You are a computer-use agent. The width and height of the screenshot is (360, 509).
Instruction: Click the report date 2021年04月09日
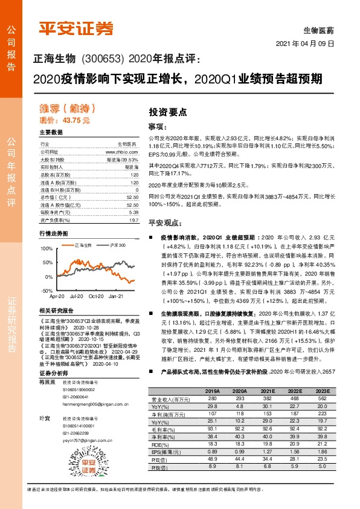tap(306, 45)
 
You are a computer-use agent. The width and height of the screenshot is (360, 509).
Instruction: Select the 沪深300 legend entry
tap(118, 245)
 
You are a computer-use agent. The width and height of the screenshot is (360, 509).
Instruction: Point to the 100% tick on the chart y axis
tap(47, 248)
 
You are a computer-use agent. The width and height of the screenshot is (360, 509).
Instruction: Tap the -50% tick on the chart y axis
tap(47, 291)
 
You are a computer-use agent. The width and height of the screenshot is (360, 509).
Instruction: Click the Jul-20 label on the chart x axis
tap(77, 297)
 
